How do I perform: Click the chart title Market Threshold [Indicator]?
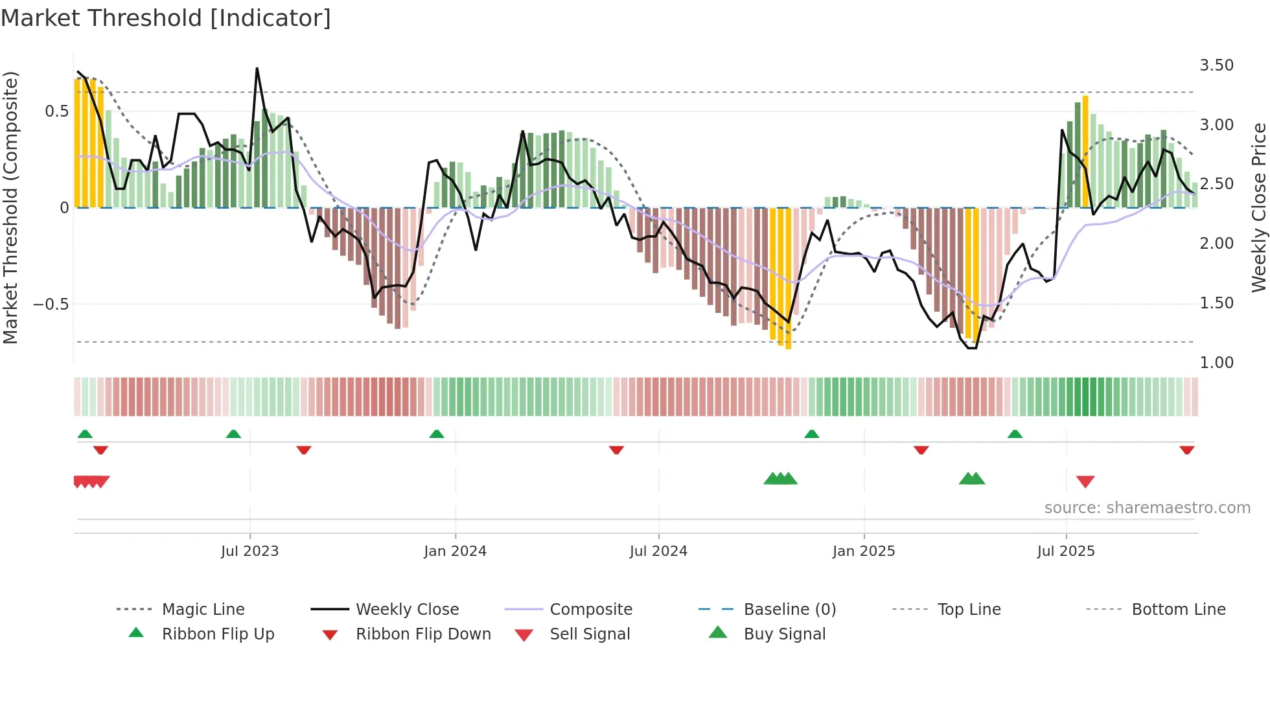pos(166,18)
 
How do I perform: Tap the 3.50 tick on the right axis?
pos(1216,65)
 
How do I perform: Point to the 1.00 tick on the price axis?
pos(1216,363)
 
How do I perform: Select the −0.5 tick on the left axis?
pos(51,305)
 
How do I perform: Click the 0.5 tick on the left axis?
pos(56,111)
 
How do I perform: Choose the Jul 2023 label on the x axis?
pos(249,551)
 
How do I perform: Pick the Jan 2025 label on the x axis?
pos(863,551)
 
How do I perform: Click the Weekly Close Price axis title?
pos(1258,207)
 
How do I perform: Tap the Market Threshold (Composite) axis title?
pos(10,207)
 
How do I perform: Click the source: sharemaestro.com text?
pos(1147,508)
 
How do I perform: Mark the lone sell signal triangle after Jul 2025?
pos(1085,481)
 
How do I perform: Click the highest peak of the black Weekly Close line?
pos(257,69)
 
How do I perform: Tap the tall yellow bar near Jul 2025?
pos(1085,152)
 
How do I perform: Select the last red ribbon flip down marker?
pos(1186,450)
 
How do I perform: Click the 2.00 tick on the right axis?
pos(1216,244)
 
